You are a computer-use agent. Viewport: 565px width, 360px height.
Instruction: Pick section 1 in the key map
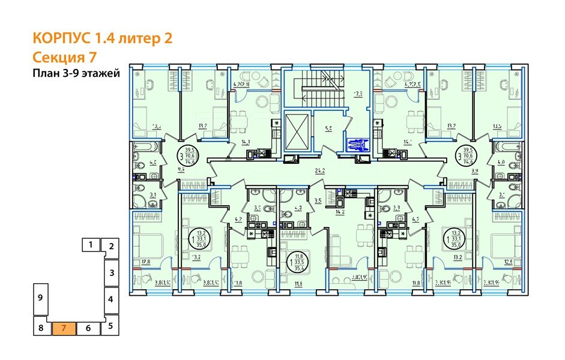click(x=90, y=244)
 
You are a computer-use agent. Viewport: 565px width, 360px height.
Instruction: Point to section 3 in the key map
click(x=111, y=272)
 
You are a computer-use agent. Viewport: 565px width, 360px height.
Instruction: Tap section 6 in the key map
click(x=88, y=328)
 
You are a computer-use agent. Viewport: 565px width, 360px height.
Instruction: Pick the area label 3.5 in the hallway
click(x=319, y=201)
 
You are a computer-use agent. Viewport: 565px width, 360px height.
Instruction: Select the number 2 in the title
click(x=168, y=39)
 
